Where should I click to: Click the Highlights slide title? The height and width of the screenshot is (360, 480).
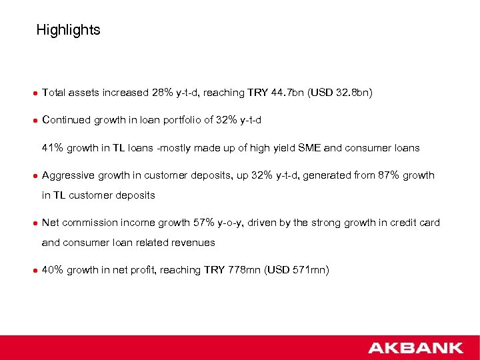coord(68,30)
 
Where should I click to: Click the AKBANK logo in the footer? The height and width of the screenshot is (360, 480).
coord(415,347)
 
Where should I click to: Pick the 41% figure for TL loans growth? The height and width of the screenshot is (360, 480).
coord(53,147)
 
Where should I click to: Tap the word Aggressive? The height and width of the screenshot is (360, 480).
coord(69,175)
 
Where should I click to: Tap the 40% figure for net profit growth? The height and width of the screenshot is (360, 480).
coord(53,269)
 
